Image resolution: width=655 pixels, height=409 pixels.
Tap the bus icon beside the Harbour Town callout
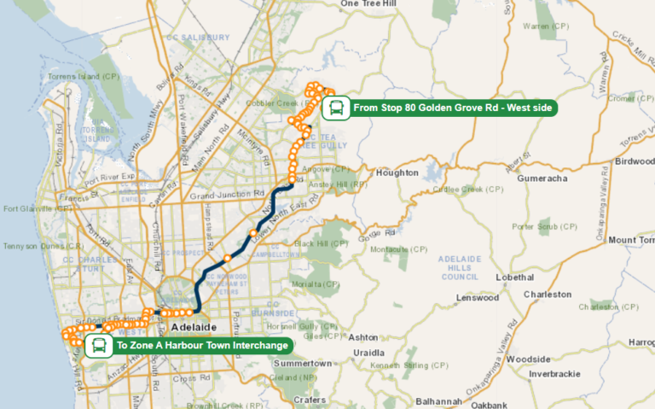pos(100,346)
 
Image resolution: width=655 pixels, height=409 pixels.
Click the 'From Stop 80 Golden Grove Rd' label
pos(453,108)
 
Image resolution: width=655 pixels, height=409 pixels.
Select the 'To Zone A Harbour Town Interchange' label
pos(202,346)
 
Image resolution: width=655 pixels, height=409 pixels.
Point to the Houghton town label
pos(397,172)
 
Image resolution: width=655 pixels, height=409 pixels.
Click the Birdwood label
pos(635,161)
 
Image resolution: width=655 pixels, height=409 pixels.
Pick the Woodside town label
pos(528,359)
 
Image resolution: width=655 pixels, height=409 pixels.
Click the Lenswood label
pos(477,298)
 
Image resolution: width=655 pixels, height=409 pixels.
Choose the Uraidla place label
pos(368,352)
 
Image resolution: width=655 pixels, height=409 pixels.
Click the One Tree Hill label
pos(369,4)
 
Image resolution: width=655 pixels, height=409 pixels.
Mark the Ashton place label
pos(363,337)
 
